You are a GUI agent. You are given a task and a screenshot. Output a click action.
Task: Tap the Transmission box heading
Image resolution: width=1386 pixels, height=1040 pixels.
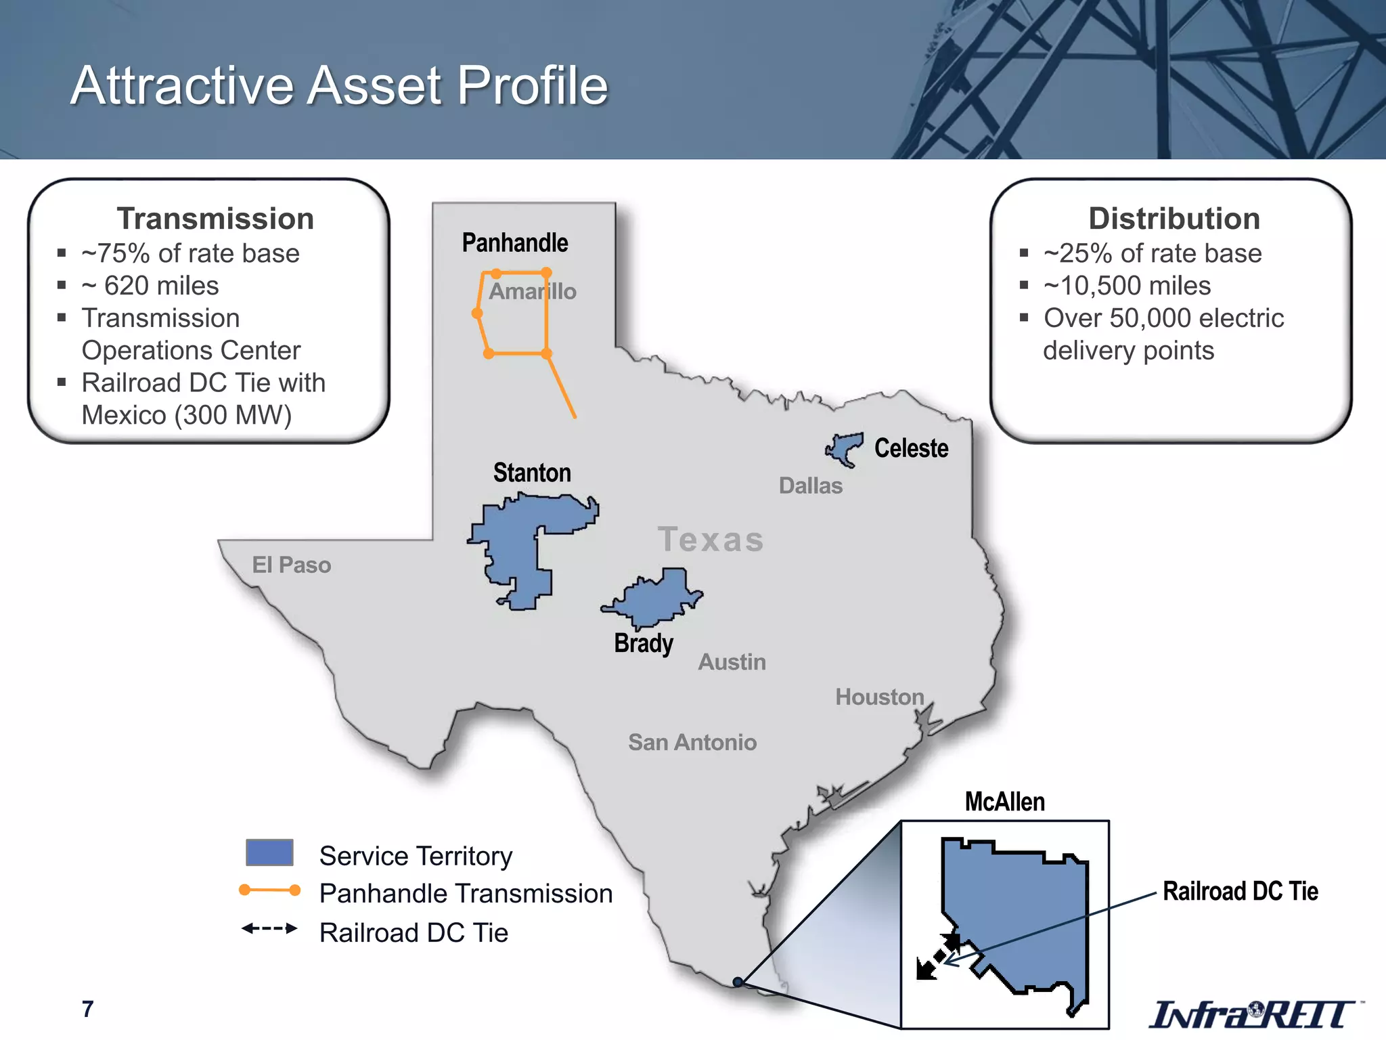point(215,219)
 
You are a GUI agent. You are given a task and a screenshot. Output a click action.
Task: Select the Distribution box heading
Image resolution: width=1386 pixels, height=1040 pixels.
point(1174,219)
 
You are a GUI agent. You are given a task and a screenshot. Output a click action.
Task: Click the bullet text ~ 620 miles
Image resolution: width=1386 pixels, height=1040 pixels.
point(150,286)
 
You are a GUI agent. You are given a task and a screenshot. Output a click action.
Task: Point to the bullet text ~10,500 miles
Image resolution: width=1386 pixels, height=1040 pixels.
point(1127,286)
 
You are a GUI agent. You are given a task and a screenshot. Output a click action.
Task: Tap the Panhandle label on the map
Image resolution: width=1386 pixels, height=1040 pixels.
point(515,242)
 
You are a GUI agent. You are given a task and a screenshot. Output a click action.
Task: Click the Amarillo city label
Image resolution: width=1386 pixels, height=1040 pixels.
point(533,291)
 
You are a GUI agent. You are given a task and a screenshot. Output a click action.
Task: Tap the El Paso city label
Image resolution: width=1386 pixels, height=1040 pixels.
point(292,565)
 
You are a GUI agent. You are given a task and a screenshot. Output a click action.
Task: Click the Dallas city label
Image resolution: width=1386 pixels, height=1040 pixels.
point(811,485)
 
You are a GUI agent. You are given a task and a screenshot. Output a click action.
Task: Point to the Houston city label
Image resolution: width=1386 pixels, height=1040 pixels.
point(879,697)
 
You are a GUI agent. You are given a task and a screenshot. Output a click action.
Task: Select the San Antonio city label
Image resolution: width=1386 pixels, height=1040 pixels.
point(692,742)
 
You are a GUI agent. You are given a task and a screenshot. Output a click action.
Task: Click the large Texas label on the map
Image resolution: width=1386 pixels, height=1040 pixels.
point(711,540)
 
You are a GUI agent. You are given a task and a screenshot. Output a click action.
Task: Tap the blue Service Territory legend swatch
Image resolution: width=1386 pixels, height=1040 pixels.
point(269,853)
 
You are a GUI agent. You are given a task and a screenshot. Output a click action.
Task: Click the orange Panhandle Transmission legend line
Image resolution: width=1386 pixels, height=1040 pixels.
point(269,890)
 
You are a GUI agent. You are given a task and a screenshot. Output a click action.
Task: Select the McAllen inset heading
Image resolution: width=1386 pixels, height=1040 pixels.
point(1004,802)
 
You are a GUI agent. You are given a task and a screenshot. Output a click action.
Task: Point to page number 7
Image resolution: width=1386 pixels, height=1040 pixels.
point(87,1009)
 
